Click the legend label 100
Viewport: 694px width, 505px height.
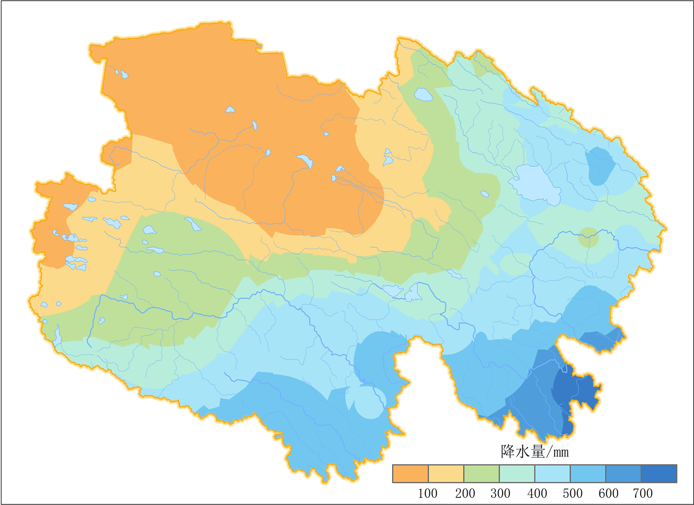(x=428, y=493)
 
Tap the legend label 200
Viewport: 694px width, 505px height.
(x=465, y=493)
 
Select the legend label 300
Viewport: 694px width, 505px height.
(x=500, y=493)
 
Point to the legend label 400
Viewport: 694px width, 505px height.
(x=537, y=493)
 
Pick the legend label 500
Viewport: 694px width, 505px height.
(x=572, y=493)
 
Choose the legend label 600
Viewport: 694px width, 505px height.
(x=608, y=493)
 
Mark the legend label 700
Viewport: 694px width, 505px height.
(x=643, y=493)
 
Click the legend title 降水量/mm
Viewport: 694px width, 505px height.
(x=534, y=452)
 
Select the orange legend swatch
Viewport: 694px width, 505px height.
(x=410, y=474)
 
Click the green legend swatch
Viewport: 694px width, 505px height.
(x=481, y=474)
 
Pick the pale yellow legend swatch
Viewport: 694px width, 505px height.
(x=446, y=474)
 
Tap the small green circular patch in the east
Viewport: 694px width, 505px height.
(x=588, y=237)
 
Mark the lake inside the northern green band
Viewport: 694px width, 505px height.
(x=423, y=94)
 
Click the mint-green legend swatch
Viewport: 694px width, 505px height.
(x=517, y=474)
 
